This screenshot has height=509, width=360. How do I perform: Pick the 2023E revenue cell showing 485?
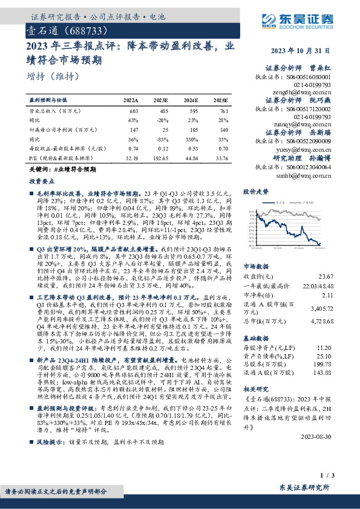click(161, 111)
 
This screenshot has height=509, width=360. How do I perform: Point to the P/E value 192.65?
click(160, 158)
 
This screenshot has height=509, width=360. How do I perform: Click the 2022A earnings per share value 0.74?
click(133, 148)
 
